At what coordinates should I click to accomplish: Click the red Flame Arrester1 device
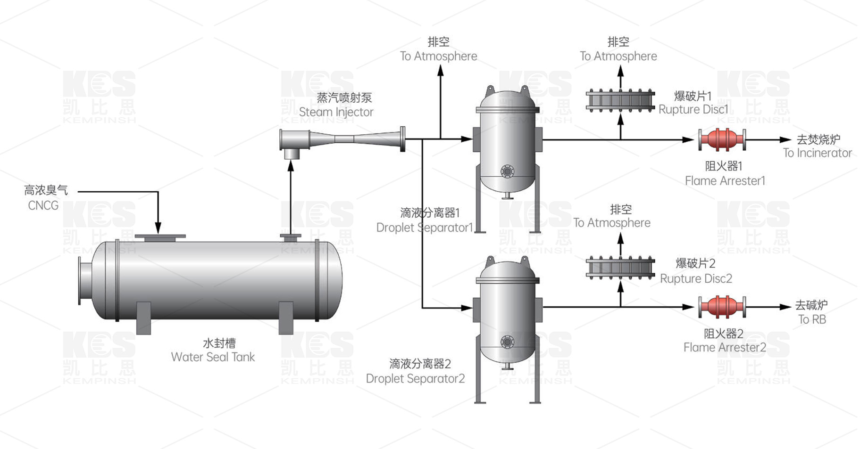coord(722,140)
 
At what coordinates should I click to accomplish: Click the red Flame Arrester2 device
coord(722,307)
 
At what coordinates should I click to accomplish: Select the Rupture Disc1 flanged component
coord(620,101)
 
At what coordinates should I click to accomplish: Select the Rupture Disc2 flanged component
coord(620,268)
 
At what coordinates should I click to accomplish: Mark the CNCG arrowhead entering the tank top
coord(158,229)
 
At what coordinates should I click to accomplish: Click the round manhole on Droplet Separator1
coord(507,171)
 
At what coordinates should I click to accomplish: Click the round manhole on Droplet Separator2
coord(507,342)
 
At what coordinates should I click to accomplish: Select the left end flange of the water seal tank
coord(80,280)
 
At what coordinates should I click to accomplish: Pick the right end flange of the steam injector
coord(402,139)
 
